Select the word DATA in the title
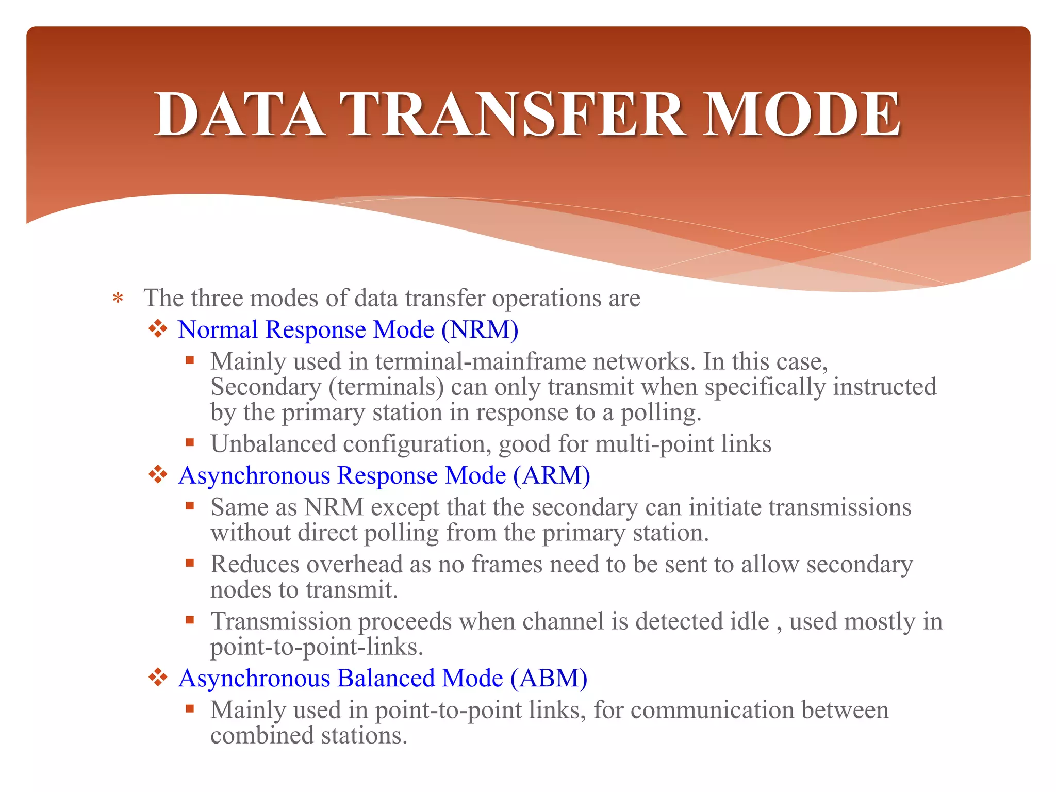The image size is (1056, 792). pos(239,114)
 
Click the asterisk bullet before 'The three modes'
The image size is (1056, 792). pos(118,299)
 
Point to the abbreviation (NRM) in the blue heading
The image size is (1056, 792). pos(480,329)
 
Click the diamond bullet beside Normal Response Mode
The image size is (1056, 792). pos(158,328)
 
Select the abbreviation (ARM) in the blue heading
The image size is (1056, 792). pos(551,475)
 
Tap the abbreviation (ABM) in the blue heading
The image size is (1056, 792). pos(549,678)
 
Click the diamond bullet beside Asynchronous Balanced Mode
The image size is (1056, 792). pos(158,677)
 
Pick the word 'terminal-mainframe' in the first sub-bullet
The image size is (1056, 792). pos(481,361)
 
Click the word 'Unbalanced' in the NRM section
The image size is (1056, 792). pos(273,444)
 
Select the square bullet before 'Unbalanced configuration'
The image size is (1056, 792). pos(190,442)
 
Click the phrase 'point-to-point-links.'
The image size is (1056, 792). pos(317,647)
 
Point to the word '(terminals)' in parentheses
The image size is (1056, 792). pos(386,387)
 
